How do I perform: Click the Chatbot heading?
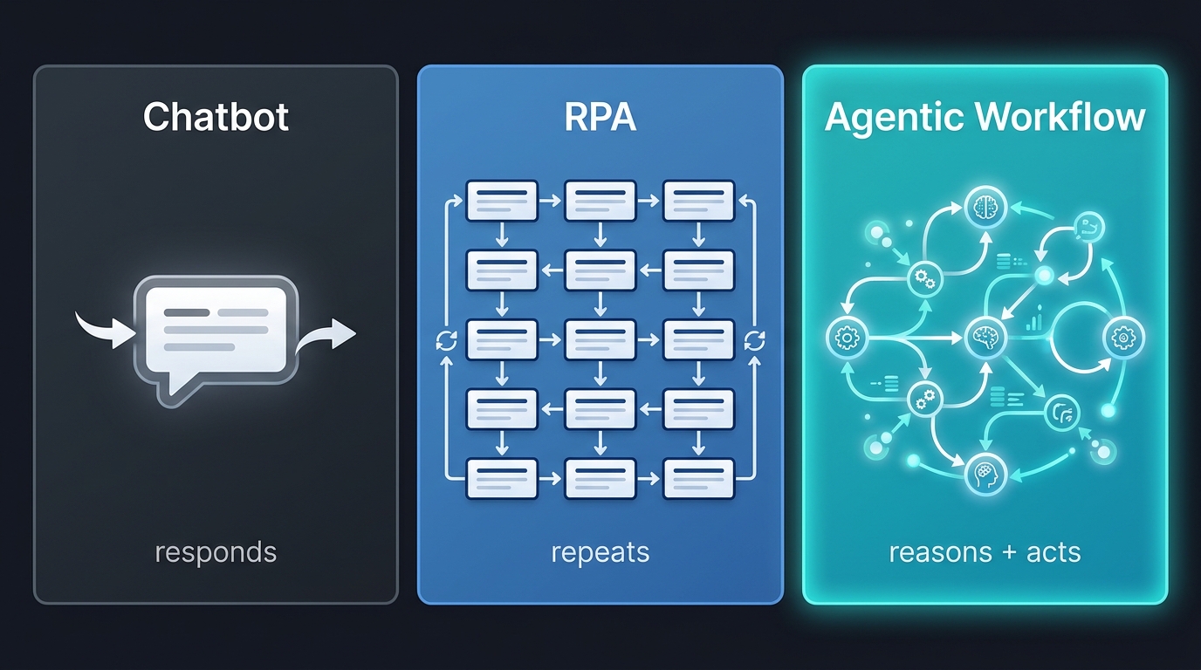pyautogui.click(x=216, y=117)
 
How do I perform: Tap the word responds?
pyautogui.click(x=216, y=552)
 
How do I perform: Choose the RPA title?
pyautogui.click(x=600, y=117)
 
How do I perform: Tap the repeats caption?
pyautogui.click(x=600, y=552)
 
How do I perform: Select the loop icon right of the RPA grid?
pyautogui.click(x=755, y=340)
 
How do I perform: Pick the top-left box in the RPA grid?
pyautogui.click(x=502, y=201)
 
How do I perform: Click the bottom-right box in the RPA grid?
pyautogui.click(x=699, y=478)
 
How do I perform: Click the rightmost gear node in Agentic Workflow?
pyautogui.click(x=1122, y=338)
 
